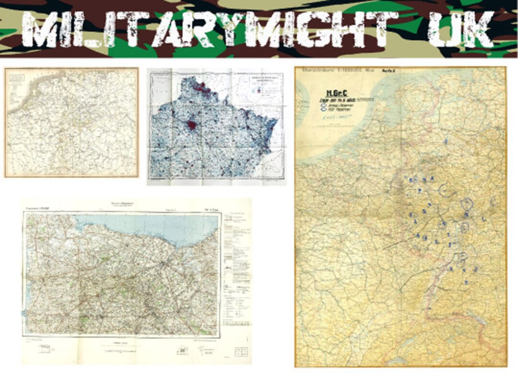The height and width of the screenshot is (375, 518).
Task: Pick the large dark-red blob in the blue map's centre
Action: [192, 126]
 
